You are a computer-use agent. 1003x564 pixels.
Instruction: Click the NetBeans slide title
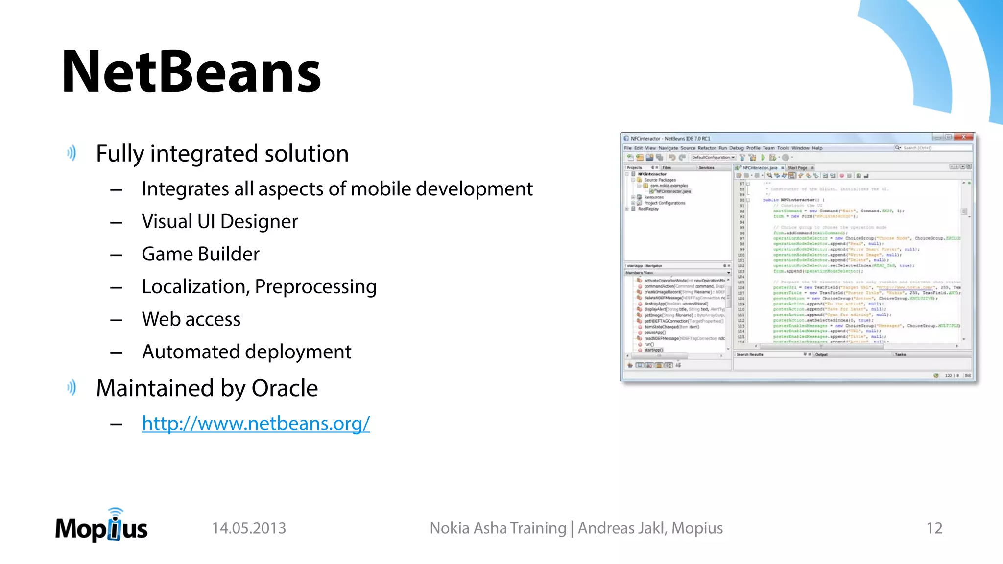tap(191, 72)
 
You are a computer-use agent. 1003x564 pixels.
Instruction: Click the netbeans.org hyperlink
tap(256, 423)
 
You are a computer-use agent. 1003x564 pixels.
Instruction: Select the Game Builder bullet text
tap(200, 254)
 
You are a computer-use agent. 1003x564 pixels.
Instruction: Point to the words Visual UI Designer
tap(219, 222)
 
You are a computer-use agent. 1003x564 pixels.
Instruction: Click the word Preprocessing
tap(315, 287)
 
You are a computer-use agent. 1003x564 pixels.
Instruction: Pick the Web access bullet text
tap(191, 319)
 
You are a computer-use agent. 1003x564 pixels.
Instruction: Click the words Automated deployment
tap(246, 352)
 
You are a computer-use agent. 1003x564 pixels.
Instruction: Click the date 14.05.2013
tap(249, 528)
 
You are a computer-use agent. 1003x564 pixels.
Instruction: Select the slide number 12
tap(934, 528)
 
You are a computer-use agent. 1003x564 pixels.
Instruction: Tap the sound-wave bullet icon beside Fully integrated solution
tap(72, 153)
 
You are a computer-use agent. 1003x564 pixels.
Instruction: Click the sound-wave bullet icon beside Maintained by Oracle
tap(72, 388)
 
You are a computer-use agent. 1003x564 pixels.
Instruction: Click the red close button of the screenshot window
tap(963, 137)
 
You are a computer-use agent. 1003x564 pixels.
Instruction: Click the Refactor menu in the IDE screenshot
tap(706, 148)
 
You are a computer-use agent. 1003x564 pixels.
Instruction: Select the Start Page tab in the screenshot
tap(797, 168)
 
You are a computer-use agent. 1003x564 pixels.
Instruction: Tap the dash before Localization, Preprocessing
tap(116, 287)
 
